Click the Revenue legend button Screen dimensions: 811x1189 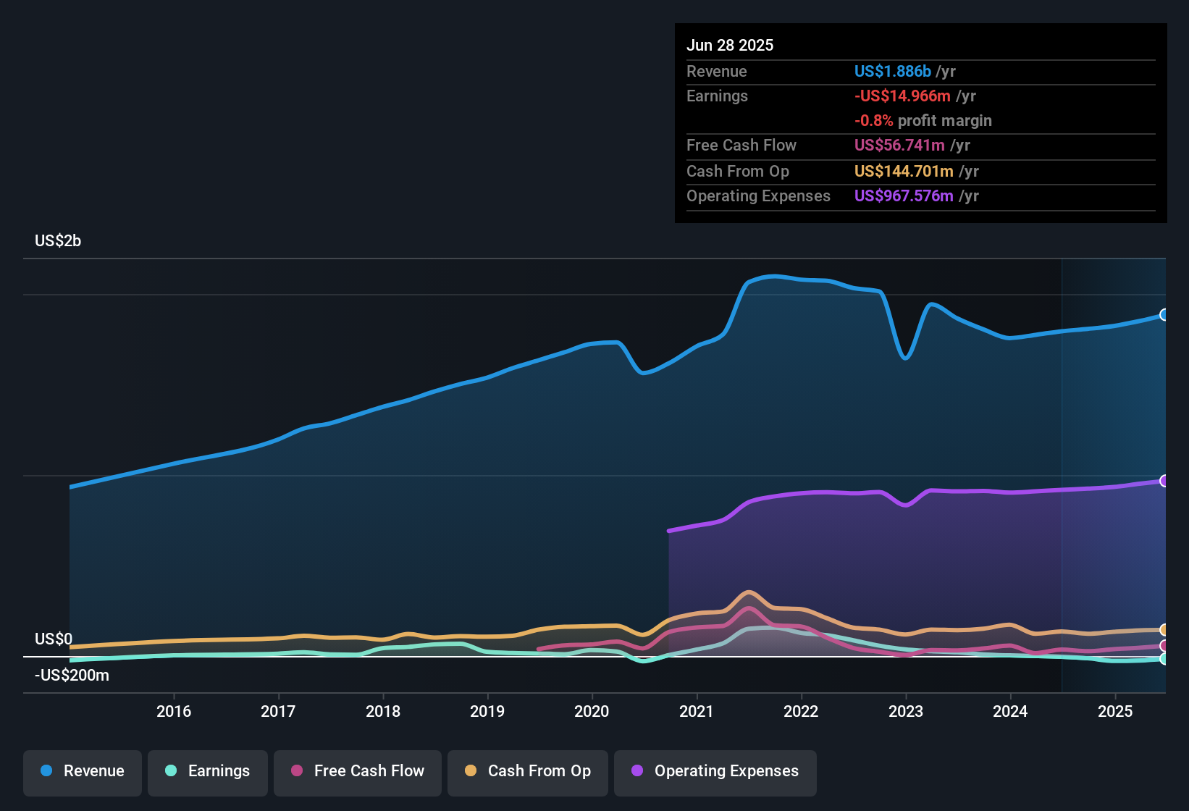point(83,771)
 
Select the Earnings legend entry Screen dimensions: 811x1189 point(208,771)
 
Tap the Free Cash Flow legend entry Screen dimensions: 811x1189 point(358,771)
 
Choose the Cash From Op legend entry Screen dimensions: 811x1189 point(528,771)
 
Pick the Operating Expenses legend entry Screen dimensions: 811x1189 point(715,771)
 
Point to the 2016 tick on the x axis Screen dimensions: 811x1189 point(174,711)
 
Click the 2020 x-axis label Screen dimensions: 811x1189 point(592,711)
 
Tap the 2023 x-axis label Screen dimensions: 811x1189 point(906,711)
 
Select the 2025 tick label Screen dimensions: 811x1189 point(1115,711)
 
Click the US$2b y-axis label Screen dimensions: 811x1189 point(58,241)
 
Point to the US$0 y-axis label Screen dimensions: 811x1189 point(54,639)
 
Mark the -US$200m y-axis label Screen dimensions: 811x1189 point(72,676)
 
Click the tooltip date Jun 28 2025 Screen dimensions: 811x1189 point(730,46)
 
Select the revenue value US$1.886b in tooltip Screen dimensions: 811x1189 point(892,72)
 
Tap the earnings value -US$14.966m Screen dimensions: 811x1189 point(902,96)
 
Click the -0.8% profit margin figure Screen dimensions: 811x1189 point(873,121)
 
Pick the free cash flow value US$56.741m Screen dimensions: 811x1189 point(899,146)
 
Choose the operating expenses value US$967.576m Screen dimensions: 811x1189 point(904,196)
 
